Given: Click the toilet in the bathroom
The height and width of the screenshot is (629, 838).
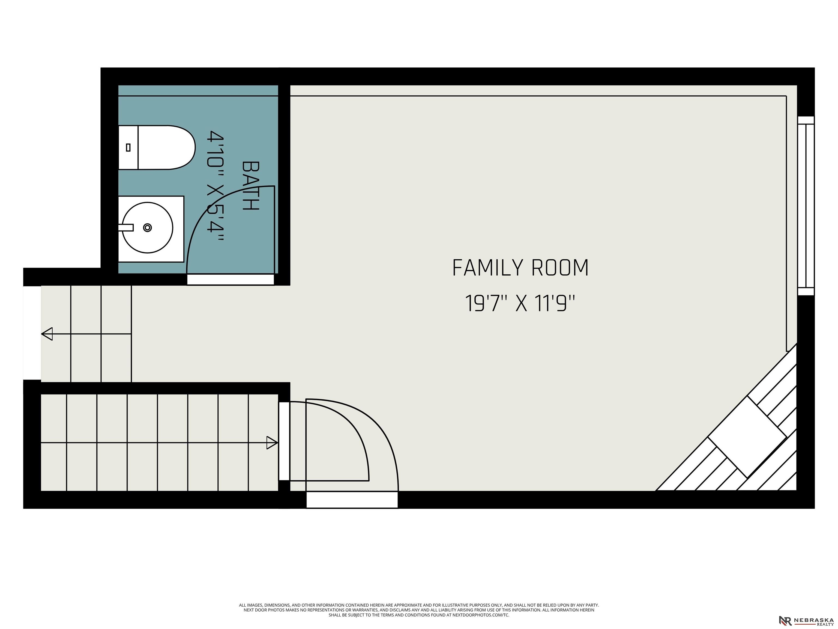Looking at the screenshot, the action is [157, 147].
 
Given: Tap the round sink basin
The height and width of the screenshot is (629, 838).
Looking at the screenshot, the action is [147, 227].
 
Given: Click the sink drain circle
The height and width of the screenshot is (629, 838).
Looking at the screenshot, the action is [147, 227].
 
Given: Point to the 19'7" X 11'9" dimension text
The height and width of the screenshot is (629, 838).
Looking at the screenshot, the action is [520, 303].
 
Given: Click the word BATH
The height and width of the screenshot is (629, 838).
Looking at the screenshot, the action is [250, 186].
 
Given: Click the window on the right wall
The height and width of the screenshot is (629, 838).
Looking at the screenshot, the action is [806, 206].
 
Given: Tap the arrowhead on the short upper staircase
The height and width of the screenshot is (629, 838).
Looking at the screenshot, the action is [47, 334].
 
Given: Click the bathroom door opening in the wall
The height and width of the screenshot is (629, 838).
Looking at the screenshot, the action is [230, 280].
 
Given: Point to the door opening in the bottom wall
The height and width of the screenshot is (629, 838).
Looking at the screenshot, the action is [352, 500].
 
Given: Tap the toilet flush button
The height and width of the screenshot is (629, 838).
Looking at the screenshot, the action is [128, 147].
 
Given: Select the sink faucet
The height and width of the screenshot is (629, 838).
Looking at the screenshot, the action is [126, 227].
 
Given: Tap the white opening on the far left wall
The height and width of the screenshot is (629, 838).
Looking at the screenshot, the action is [32, 333].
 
